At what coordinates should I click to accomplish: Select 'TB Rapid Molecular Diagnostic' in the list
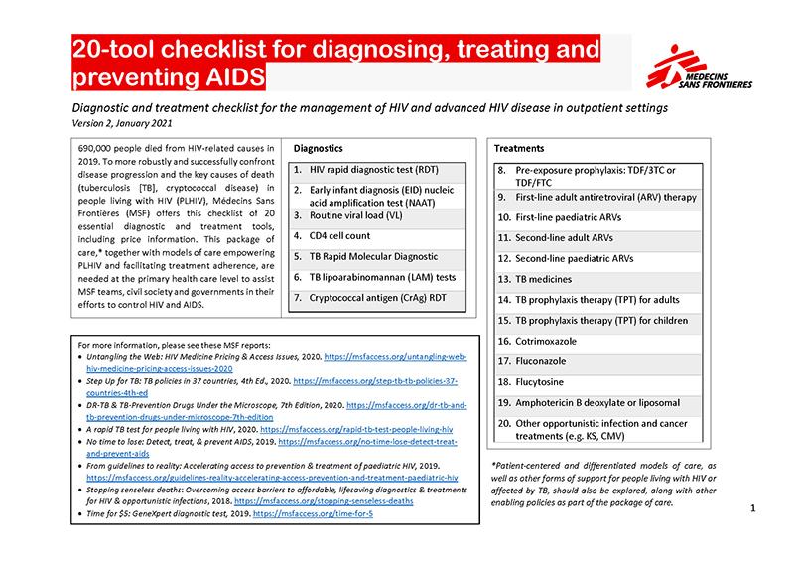coord(378,257)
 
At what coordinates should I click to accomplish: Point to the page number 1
coord(754,509)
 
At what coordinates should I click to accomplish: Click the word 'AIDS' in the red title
coord(230,76)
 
